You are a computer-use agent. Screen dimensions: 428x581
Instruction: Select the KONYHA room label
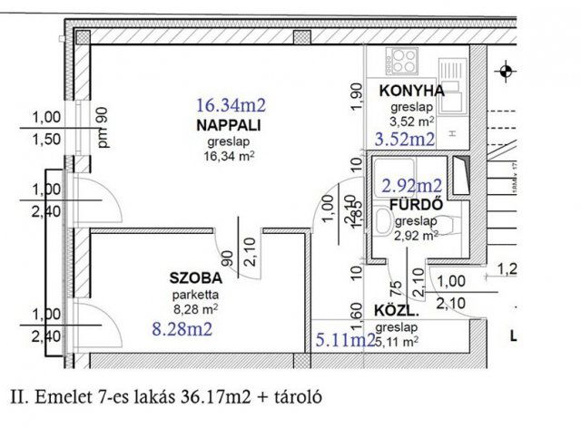(411, 91)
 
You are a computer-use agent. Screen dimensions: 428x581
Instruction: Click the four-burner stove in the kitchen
(401, 63)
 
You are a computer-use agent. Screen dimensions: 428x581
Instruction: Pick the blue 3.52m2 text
(405, 139)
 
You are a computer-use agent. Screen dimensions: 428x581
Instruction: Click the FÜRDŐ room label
(416, 204)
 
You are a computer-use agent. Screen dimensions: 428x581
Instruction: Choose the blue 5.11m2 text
(345, 341)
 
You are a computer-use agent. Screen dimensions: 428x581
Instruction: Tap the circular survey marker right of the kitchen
(506, 68)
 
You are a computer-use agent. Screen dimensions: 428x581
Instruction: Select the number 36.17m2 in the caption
(219, 396)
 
